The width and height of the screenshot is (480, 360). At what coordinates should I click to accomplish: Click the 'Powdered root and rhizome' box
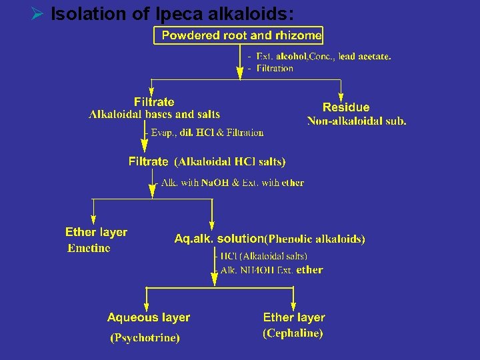(239, 35)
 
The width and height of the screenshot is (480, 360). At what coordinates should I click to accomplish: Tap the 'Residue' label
(346, 107)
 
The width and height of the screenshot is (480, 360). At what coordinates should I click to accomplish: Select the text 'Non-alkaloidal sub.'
(357, 121)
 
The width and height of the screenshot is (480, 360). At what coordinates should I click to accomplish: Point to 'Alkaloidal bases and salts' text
(155, 115)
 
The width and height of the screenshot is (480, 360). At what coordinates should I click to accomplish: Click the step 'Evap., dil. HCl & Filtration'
(207, 133)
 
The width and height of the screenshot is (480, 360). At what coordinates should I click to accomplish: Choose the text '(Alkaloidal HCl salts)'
(230, 161)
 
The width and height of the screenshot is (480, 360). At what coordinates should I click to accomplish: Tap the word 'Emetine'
(89, 248)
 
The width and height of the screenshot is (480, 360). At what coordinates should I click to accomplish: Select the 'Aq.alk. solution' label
(219, 238)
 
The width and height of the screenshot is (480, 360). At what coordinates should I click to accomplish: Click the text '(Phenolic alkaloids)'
(315, 239)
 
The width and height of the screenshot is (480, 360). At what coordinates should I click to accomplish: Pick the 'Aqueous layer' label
(149, 318)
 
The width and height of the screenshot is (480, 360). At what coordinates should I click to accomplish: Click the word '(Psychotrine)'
(145, 338)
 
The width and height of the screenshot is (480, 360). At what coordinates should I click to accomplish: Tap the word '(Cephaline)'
(293, 333)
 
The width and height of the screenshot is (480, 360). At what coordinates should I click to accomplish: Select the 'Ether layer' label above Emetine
(96, 232)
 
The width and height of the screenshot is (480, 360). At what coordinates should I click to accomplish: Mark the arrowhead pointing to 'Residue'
(342, 95)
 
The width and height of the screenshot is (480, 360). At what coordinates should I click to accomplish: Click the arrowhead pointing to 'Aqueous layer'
(146, 303)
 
